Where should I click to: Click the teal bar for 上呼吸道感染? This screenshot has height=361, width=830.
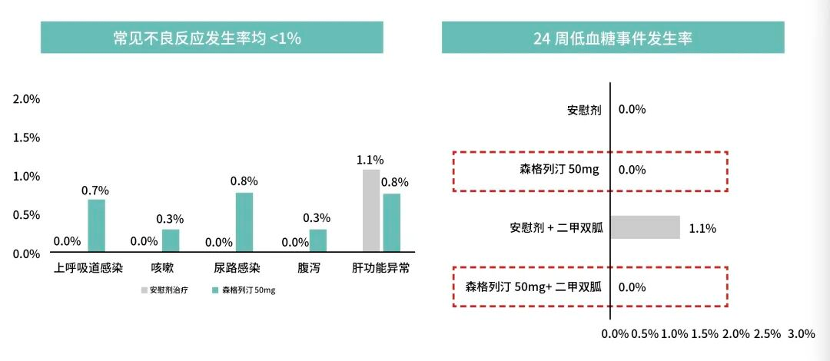point(96,225)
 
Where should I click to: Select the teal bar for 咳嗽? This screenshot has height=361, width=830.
point(170,240)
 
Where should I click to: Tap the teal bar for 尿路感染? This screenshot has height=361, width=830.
point(244,221)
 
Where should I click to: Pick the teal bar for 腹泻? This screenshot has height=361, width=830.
point(317,240)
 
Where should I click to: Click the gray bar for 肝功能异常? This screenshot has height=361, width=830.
point(371,210)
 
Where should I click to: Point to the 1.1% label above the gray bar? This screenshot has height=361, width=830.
point(370,161)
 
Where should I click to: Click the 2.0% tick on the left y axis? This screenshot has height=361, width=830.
point(26,99)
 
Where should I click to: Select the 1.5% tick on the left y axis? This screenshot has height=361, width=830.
point(26,137)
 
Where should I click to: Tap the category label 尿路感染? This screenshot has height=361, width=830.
point(238,269)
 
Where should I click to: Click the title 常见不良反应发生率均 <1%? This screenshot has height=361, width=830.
point(211,38)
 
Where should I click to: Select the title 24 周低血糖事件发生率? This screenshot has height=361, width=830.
point(613,38)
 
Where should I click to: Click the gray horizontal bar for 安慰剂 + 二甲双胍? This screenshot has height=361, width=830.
point(646,227)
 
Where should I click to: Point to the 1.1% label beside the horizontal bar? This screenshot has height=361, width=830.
point(702,228)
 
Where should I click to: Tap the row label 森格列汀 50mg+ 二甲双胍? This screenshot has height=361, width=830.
point(533,287)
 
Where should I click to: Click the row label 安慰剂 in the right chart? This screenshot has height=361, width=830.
point(583,109)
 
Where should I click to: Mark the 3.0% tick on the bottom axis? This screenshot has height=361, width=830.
point(801,334)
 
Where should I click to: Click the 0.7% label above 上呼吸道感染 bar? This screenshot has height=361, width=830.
point(96,190)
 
